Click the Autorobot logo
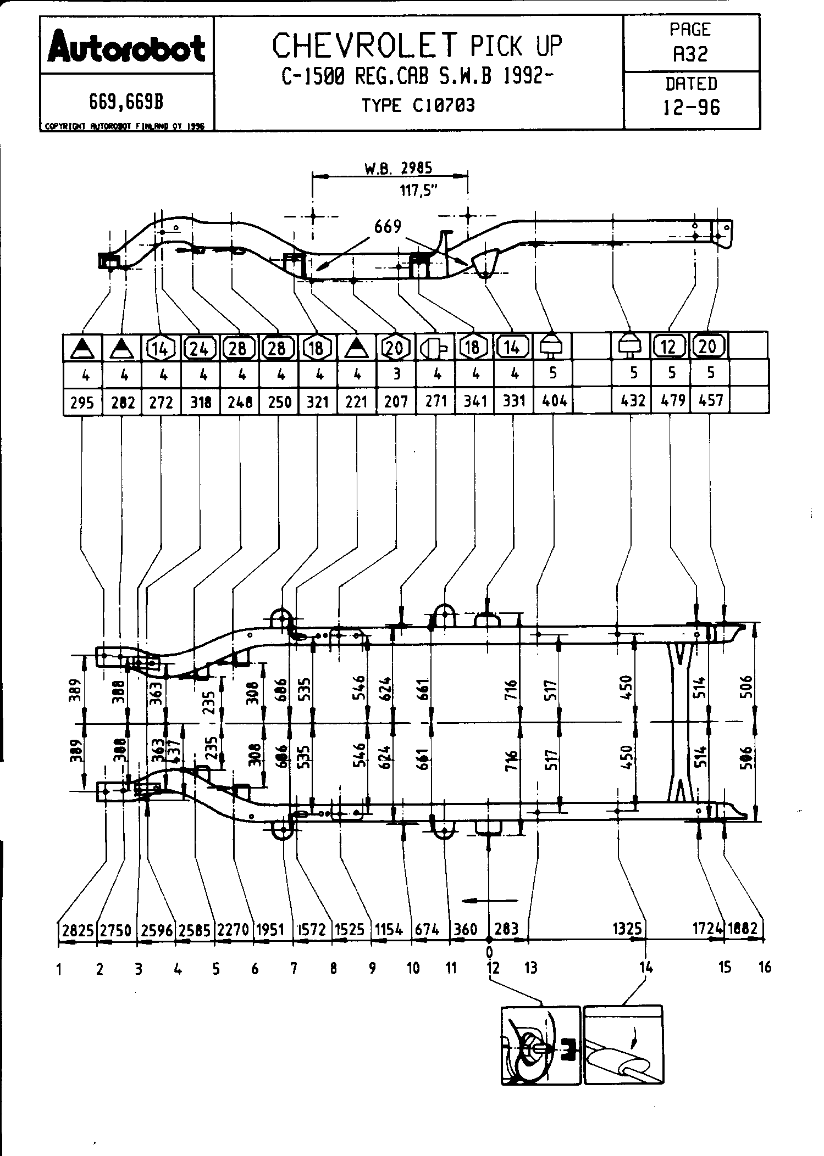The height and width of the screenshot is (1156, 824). pyautogui.click(x=126, y=47)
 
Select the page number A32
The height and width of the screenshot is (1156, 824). pyautogui.click(x=690, y=54)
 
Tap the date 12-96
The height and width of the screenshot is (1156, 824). pyautogui.click(x=691, y=107)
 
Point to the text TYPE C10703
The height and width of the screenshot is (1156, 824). pyautogui.click(x=418, y=105)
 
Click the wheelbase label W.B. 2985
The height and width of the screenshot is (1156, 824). pyautogui.click(x=398, y=168)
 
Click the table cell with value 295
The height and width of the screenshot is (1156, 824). pyautogui.click(x=82, y=403)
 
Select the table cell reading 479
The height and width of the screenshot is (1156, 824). pyautogui.click(x=671, y=400)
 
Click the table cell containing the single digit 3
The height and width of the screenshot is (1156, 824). pyautogui.click(x=396, y=373)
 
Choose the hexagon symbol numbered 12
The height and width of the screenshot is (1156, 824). pyautogui.click(x=668, y=347)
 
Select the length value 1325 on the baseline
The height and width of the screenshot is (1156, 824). pyautogui.click(x=627, y=929)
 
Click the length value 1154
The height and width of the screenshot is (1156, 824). pyautogui.click(x=389, y=929)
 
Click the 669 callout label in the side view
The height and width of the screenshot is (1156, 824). pyautogui.click(x=388, y=226)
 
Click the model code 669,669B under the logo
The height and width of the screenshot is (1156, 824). pyautogui.click(x=126, y=102)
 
